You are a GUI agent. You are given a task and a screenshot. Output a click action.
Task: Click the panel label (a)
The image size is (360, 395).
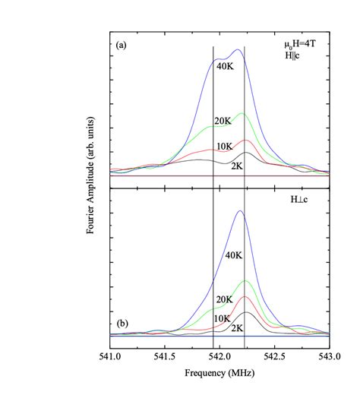(x=120, y=46)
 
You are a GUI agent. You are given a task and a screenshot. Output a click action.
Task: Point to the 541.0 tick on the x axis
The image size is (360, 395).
(x=110, y=355)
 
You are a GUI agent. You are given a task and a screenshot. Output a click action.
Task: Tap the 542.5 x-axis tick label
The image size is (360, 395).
(x=274, y=355)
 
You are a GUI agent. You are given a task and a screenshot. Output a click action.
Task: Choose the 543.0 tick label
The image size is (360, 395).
(x=328, y=355)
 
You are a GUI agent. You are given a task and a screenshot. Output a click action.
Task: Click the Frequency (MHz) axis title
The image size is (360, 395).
(x=219, y=374)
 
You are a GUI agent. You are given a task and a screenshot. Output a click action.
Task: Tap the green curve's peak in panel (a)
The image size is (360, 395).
(x=242, y=113)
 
